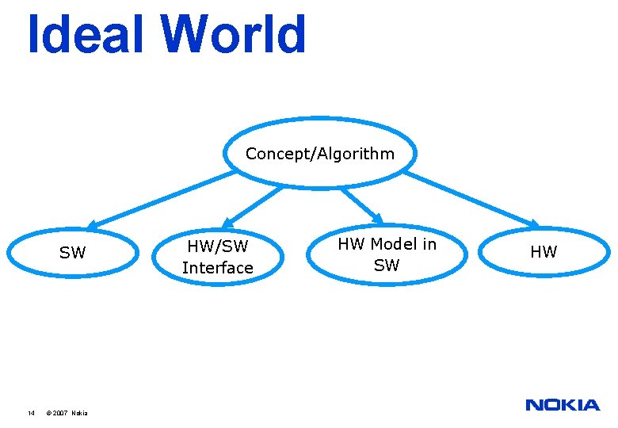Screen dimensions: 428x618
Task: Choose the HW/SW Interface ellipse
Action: click(x=217, y=258)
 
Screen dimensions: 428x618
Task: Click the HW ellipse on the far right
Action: click(x=544, y=252)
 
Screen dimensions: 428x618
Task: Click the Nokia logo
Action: click(x=563, y=405)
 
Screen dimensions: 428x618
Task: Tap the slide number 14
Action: click(x=31, y=413)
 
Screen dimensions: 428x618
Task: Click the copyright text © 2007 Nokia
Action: click(x=67, y=413)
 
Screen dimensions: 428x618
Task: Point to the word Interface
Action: click(x=217, y=268)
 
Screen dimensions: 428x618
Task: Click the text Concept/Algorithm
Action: click(x=319, y=154)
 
